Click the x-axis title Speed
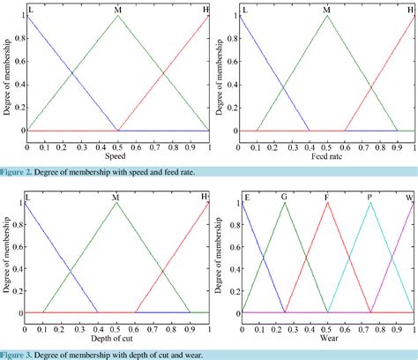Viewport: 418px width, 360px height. coord(116,157)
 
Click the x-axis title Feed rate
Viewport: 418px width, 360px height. coord(326,157)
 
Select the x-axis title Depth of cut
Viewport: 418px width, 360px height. coord(116,339)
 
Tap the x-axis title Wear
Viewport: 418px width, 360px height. coord(327,339)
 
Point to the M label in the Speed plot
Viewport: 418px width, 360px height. coord(118,9)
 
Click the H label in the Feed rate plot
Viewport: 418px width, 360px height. coord(409,9)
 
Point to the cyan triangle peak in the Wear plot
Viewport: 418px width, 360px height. coord(370,203)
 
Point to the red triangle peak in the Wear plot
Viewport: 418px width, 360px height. coord(327,203)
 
